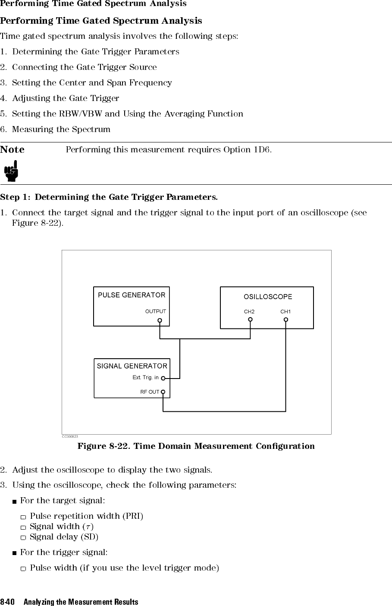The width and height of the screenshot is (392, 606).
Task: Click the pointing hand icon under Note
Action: coord(11,171)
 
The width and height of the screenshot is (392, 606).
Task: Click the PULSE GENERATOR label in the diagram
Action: coord(132,295)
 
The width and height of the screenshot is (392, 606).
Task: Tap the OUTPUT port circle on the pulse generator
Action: coord(160,320)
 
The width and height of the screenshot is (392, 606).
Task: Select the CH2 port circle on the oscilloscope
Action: coord(251,319)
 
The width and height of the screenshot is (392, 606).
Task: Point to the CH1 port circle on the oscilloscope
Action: coord(286,320)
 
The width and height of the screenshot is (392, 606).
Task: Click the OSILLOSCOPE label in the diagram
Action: coord(268,297)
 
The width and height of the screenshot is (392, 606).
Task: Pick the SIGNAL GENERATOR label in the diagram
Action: coord(132,366)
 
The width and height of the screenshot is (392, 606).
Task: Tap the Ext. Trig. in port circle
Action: coord(163,378)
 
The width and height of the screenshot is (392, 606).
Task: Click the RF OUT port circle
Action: coord(163,392)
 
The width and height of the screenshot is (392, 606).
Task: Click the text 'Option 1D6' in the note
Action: coord(247,150)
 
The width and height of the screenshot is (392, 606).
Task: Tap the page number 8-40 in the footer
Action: coord(7,602)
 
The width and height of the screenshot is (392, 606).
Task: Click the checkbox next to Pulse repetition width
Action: coord(23,517)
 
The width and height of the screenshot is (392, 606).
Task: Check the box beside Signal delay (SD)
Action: coord(23,537)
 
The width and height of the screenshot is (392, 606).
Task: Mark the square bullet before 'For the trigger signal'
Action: coord(14,553)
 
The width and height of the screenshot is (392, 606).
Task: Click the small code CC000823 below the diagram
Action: coord(70,436)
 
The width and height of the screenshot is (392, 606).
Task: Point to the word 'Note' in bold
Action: coord(12,149)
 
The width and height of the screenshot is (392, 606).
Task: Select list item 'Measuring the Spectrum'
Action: coord(61,129)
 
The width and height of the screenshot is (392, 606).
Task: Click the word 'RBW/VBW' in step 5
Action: coord(80,114)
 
